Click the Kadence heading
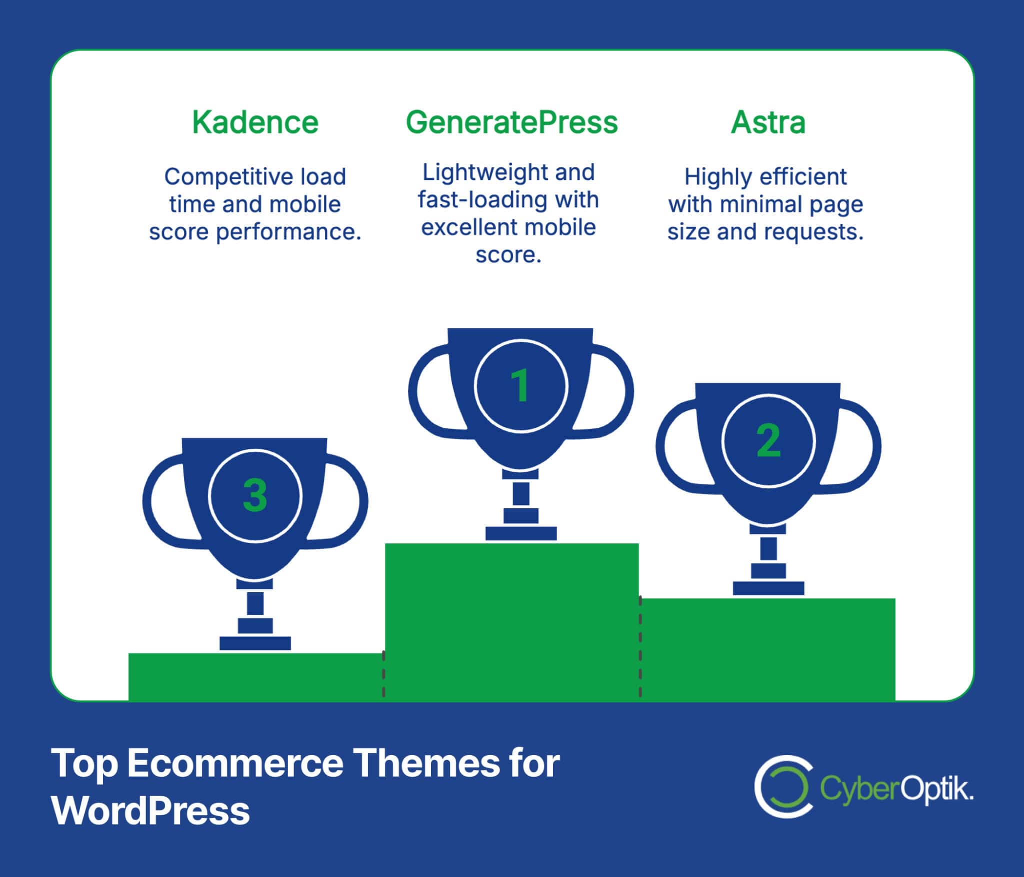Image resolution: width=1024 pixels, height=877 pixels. point(255,122)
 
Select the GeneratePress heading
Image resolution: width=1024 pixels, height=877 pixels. point(511,122)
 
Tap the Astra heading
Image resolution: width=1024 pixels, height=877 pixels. point(768,122)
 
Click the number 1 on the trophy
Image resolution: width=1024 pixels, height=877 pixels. point(520,385)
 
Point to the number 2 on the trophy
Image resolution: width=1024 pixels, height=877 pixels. point(768,440)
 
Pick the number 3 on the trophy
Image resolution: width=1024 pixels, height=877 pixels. point(255,495)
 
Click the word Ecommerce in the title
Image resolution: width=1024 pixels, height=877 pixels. point(235,764)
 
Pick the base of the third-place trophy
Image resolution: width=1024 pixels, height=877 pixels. point(255,643)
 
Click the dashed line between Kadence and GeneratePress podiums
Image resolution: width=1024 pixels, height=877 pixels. point(383,674)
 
